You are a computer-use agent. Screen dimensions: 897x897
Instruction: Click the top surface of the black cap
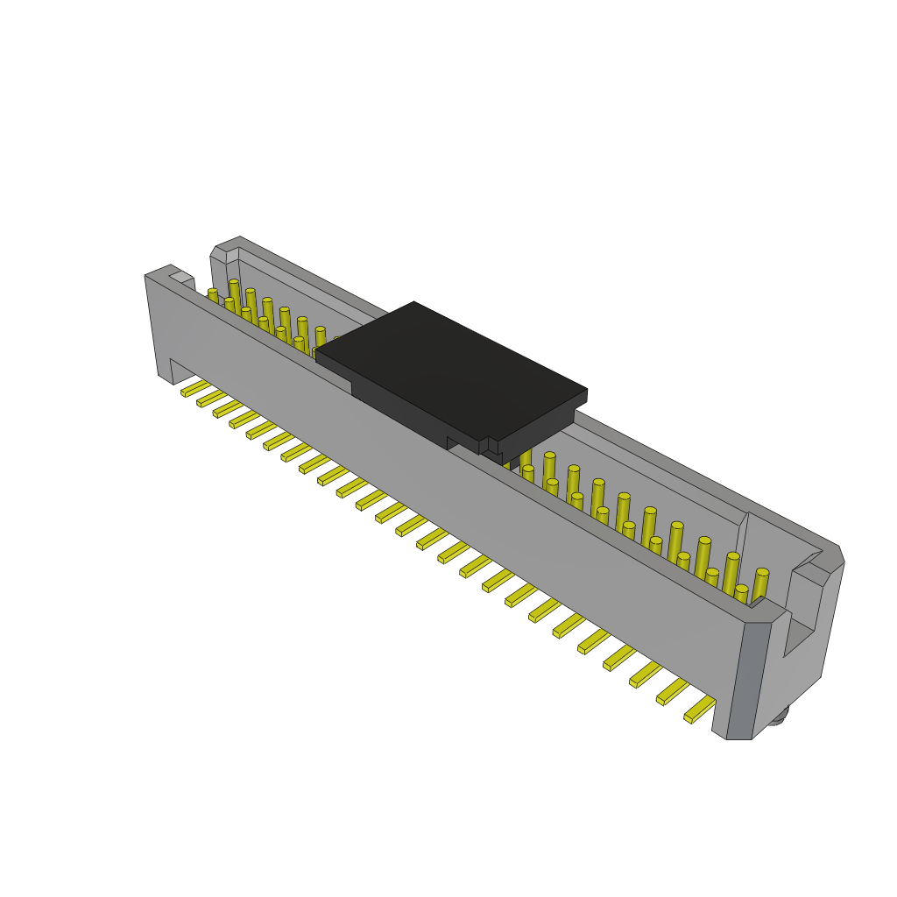[451, 368]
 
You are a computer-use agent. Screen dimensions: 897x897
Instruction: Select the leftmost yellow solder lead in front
[195, 388]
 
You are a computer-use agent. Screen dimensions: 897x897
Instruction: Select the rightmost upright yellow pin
[759, 585]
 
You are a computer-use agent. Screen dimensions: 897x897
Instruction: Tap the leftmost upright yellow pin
[213, 295]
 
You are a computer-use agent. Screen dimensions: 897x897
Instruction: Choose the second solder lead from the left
[211, 399]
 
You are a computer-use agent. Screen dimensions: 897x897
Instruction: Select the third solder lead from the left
[228, 408]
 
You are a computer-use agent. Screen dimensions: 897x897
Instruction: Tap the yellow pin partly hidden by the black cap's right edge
[526, 460]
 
